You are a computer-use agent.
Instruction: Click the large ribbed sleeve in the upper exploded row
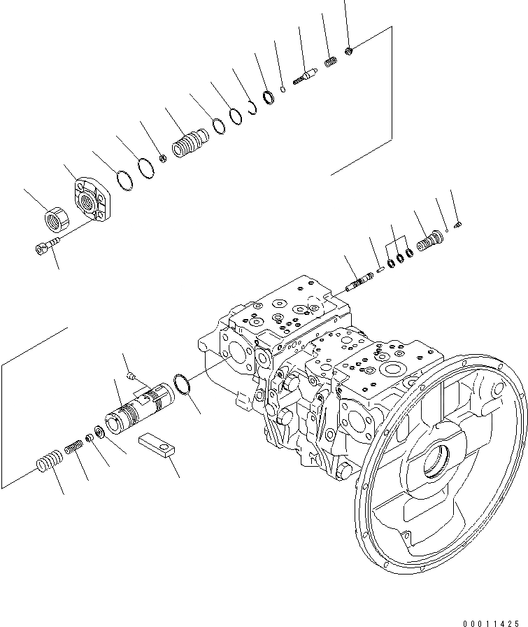pyautogui.click(x=189, y=146)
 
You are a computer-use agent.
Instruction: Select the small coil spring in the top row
pyautogui.click(x=331, y=63)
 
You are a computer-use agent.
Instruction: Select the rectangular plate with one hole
pyautogui.click(x=165, y=446)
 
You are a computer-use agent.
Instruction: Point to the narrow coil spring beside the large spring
pyautogui.click(x=76, y=449)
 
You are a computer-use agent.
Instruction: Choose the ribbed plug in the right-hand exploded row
pyautogui.click(x=429, y=241)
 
